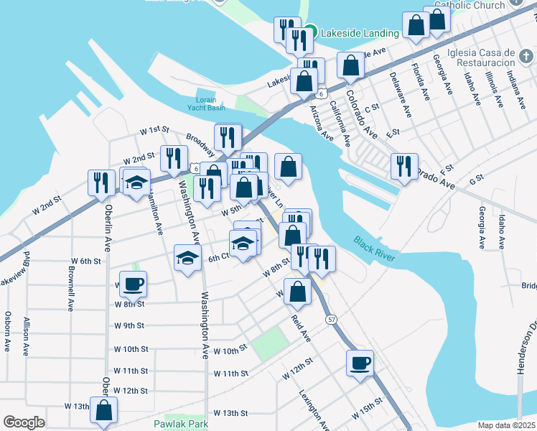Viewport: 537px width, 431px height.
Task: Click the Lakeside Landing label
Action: click(360, 33)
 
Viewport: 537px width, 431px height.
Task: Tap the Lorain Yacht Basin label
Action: click(206, 103)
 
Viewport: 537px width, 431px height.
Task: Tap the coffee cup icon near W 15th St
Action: click(360, 363)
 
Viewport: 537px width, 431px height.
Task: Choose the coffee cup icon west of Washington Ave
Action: click(133, 284)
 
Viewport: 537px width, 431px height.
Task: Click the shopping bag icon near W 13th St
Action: click(104, 410)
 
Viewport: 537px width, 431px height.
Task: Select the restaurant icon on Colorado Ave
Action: click(404, 166)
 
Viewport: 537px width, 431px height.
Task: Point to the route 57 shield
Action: click(331, 318)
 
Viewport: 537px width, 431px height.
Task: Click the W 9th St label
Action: click(129, 325)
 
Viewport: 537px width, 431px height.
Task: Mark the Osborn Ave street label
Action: click(7, 331)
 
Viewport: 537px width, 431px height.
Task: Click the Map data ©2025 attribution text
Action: click(506, 425)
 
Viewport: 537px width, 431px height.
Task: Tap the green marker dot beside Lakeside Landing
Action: click(310, 32)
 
